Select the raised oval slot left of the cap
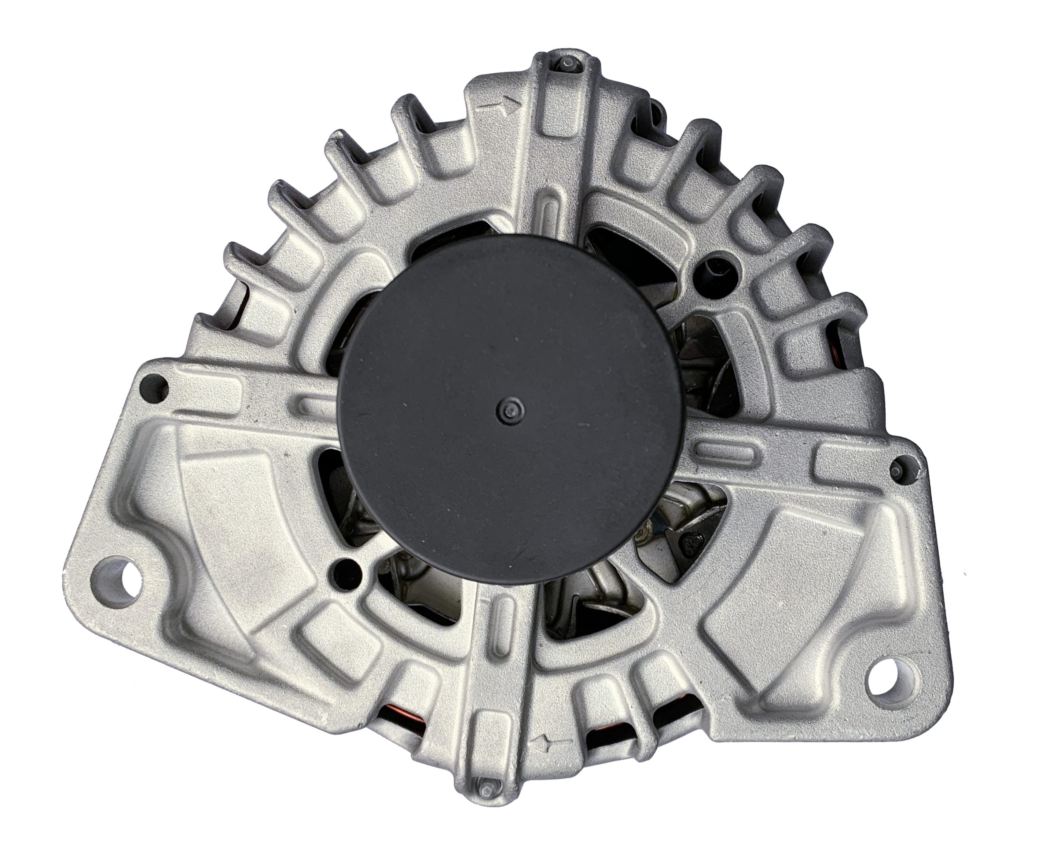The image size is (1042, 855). click(x=318, y=404)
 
